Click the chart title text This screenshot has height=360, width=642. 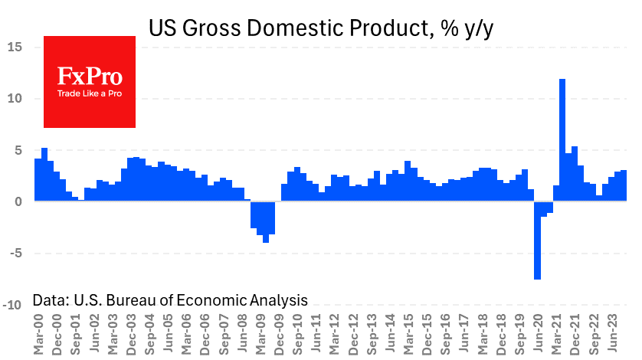[x=322, y=28]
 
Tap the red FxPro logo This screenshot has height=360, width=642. [x=90, y=82]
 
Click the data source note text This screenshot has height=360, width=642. [x=170, y=300]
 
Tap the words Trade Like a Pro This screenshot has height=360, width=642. [x=90, y=94]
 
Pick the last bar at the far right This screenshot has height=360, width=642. [x=624, y=185]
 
